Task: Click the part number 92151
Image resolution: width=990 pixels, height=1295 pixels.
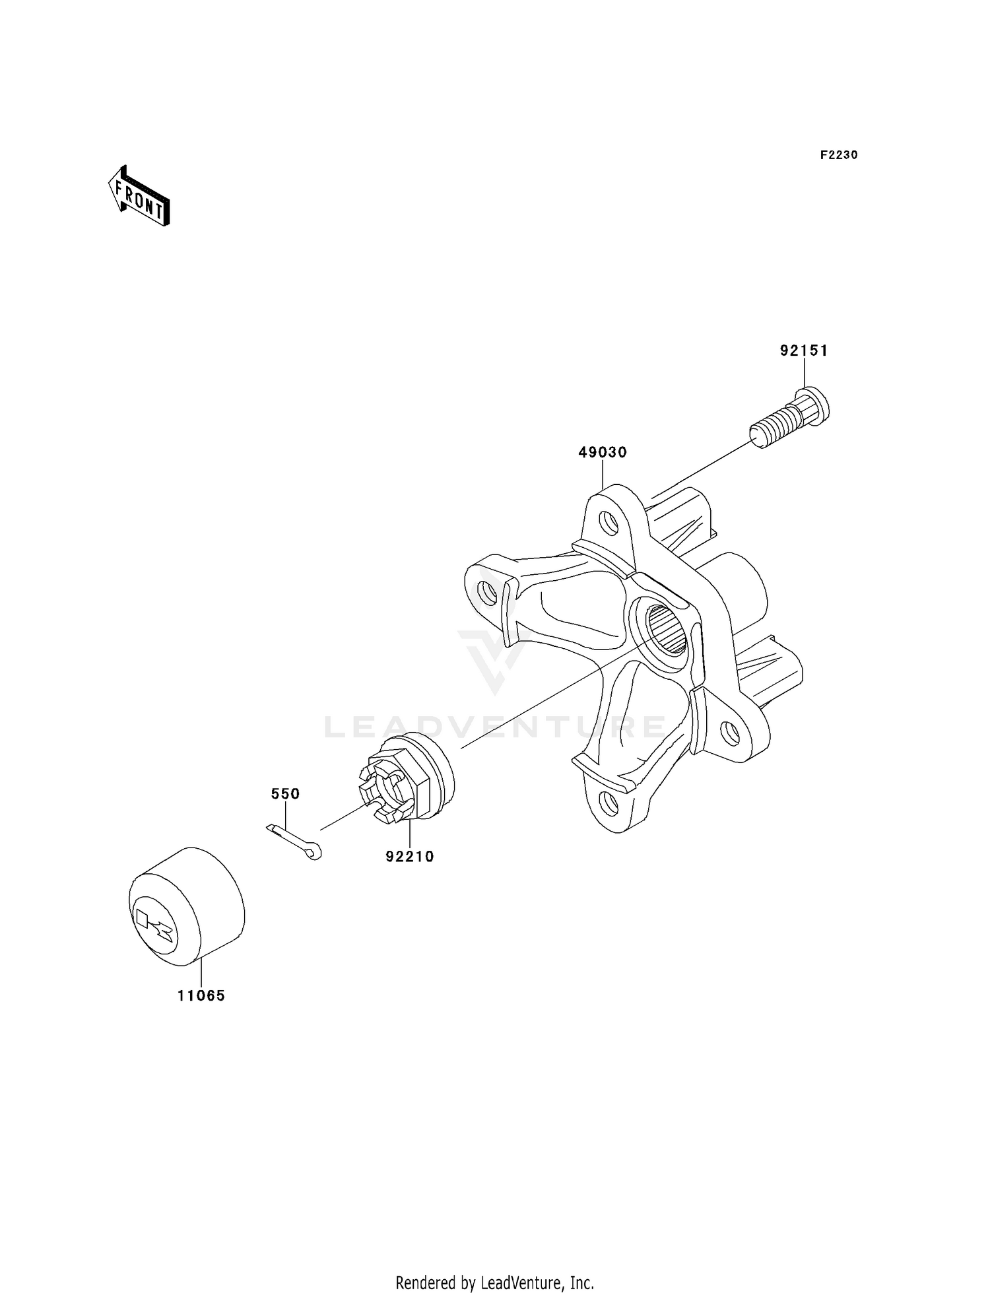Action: [803, 350]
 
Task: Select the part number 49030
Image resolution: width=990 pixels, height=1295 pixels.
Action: [603, 452]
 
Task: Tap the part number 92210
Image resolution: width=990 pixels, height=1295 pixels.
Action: [410, 857]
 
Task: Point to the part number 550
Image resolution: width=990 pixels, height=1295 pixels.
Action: [285, 793]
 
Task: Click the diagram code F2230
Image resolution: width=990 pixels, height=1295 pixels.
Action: [839, 155]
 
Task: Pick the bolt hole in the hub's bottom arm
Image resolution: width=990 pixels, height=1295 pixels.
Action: [610, 803]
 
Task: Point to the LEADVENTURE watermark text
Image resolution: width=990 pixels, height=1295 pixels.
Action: [495, 727]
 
